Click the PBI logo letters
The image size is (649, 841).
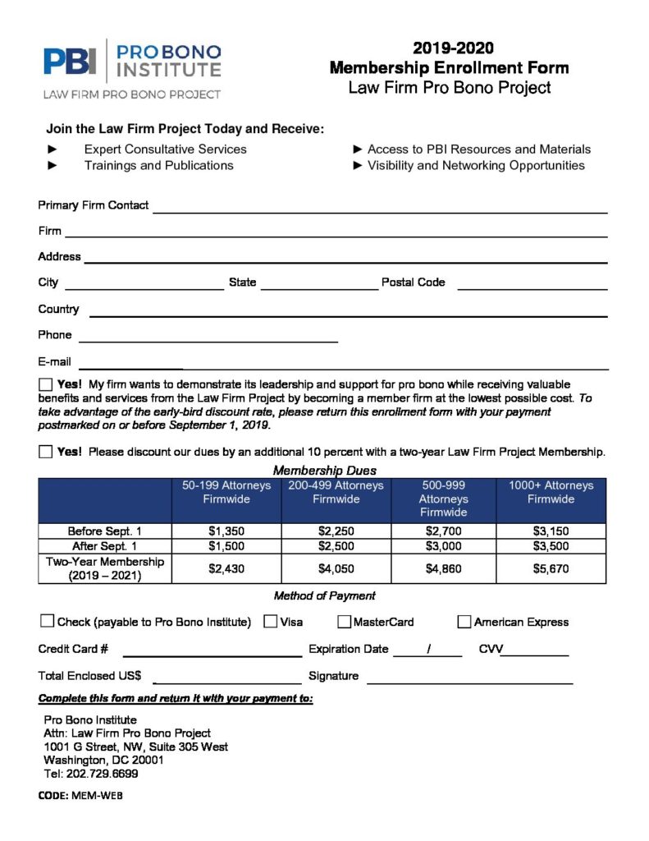[71, 61]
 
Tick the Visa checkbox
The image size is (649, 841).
[270, 622]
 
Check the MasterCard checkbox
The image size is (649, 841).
[345, 622]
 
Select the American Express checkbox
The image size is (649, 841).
[464, 622]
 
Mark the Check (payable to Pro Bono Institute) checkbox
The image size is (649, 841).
[47, 622]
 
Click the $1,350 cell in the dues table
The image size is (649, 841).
[226, 531]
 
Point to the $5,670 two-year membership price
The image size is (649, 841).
[551, 568]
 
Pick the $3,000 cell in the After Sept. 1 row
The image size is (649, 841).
[443, 546]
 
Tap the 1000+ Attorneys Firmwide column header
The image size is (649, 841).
[551, 492]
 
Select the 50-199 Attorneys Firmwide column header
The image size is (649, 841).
[226, 492]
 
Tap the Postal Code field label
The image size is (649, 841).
[414, 283]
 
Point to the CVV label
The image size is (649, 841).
[491, 649]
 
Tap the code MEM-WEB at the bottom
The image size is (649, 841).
[97, 796]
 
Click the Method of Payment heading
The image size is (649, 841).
[324, 595]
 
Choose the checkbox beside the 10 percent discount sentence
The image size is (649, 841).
[45, 452]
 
